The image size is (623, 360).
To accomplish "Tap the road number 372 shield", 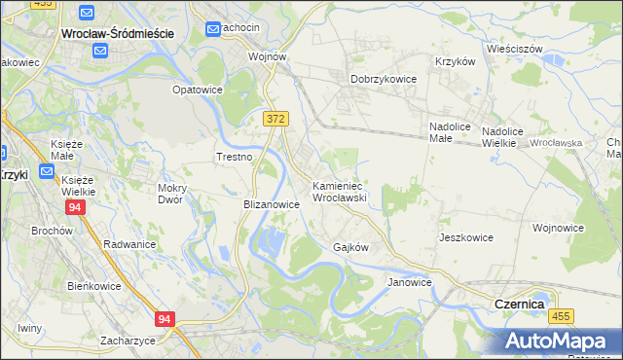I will (275, 118).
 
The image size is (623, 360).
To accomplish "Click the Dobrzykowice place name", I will (384, 79).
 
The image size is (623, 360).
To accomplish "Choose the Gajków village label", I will (350, 247).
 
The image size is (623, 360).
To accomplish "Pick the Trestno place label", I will (234, 157).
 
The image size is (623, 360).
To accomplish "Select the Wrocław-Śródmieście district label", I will (117, 33).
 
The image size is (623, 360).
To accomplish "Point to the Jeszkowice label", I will (466, 237).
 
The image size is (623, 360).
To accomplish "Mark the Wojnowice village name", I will (558, 228).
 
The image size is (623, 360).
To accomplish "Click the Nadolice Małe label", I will (451, 132).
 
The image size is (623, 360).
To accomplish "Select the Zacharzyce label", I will (128, 341).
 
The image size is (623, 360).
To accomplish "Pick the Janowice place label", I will (409, 282).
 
